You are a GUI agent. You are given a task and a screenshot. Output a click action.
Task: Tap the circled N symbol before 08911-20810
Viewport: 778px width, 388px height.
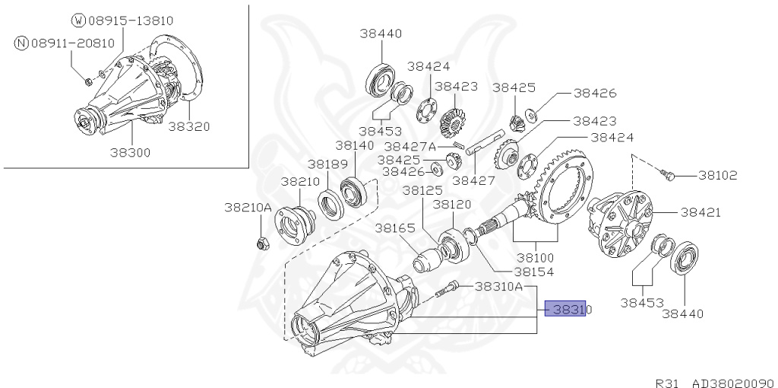[x=21, y=43]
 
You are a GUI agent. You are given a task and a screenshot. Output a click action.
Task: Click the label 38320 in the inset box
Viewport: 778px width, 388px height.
[x=188, y=126]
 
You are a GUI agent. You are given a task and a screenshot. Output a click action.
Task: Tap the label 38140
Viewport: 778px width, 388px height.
[x=354, y=145]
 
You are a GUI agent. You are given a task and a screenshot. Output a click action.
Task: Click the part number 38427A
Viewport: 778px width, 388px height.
[x=410, y=146]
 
